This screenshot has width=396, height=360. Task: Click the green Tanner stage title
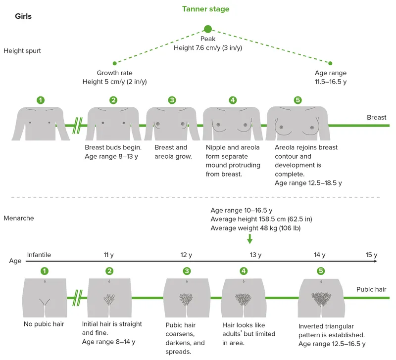(x=205, y=9)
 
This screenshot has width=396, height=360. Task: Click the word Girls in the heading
(x=23, y=16)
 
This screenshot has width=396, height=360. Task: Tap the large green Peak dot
(x=208, y=29)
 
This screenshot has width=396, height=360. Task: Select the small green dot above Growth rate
(x=115, y=63)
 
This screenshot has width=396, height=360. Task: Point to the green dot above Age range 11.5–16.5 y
(x=331, y=63)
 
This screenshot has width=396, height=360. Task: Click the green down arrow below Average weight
(x=249, y=239)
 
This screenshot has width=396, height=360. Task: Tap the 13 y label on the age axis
(x=255, y=255)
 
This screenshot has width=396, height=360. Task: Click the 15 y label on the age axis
(x=371, y=255)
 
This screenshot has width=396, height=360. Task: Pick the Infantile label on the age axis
(x=39, y=255)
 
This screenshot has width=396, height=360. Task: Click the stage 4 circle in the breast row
(x=233, y=100)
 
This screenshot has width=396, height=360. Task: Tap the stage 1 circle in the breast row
(x=41, y=100)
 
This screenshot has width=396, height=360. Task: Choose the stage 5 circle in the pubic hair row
(x=321, y=271)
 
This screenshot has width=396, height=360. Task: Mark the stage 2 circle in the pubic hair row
(x=109, y=271)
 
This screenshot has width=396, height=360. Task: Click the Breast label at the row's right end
(x=376, y=118)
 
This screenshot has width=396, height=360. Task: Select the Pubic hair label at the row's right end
(x=371, y=289)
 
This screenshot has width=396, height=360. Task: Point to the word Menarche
(x=19, y=218)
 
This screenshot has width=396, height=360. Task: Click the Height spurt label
(x=22, y=50)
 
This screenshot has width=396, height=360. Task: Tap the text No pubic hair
(x=44, y=324)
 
